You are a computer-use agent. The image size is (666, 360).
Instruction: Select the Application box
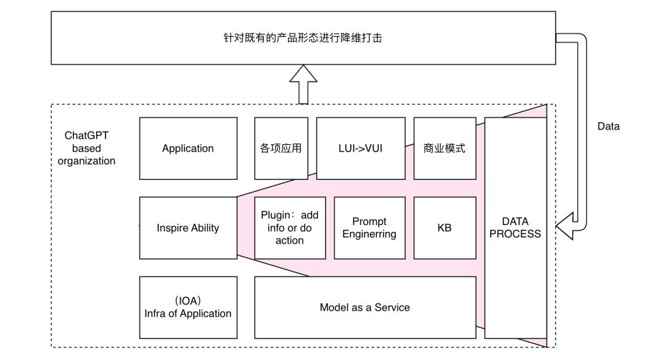click(x=188, y=149)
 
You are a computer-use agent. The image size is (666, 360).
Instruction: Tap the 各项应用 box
click(x=281, y=149)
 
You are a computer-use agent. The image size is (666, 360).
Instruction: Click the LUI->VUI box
click(x=361, y=149)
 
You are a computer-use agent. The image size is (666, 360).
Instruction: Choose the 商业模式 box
click(x=445, y=149)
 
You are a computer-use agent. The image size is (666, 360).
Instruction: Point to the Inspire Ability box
click(x=188, y=228)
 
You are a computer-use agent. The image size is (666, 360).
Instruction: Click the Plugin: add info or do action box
click(x=290, y=228)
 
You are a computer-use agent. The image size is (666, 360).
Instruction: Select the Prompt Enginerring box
click(x=369, y=228)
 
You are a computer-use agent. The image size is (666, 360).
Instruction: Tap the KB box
click(x=445, y=228)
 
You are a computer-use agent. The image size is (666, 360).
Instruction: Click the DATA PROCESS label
click(x=516, y=228)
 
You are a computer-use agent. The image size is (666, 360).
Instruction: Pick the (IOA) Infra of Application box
click(x=188, y=307)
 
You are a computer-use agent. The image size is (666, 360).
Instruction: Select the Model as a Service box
click(x=365, y=307)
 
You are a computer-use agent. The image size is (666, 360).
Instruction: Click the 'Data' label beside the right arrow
click(x=609, y=126)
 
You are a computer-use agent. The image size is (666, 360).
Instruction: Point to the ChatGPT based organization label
click(x=86, y=149)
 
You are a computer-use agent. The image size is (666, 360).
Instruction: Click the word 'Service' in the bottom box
click(x=392, y=307)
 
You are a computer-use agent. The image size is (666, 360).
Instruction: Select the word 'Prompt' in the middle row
click(x=369, y=221)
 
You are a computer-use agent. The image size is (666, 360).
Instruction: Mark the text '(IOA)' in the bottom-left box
click(x=188, y=301)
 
